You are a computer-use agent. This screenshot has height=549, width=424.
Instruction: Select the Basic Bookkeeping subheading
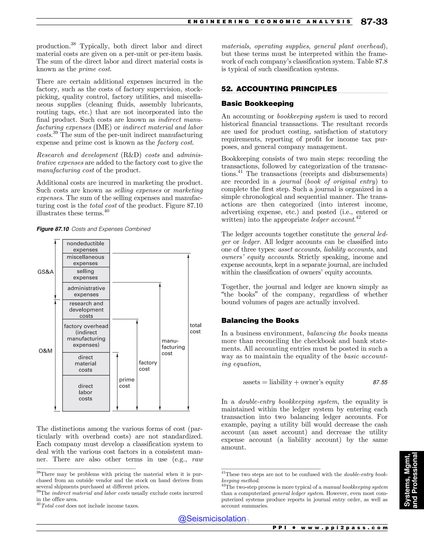257,104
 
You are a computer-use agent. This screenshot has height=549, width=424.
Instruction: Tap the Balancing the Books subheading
260,320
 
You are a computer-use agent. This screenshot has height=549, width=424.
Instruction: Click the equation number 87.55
380,382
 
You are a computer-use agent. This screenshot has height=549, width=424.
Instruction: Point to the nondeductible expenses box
86,246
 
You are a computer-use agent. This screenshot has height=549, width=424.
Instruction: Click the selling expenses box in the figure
86,274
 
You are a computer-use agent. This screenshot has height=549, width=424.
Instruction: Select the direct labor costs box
86,392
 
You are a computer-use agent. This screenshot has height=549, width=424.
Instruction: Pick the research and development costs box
86,310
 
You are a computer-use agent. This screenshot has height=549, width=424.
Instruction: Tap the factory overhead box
86,336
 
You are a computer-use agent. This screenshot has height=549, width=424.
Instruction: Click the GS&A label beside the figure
46,272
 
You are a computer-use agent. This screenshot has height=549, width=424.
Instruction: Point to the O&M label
46,351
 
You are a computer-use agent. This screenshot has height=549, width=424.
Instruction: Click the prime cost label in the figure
126,383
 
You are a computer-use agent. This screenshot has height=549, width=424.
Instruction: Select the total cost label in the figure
195,328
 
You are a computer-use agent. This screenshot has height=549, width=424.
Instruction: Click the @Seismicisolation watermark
212,519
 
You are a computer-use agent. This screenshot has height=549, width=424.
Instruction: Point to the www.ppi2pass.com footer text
344,528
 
